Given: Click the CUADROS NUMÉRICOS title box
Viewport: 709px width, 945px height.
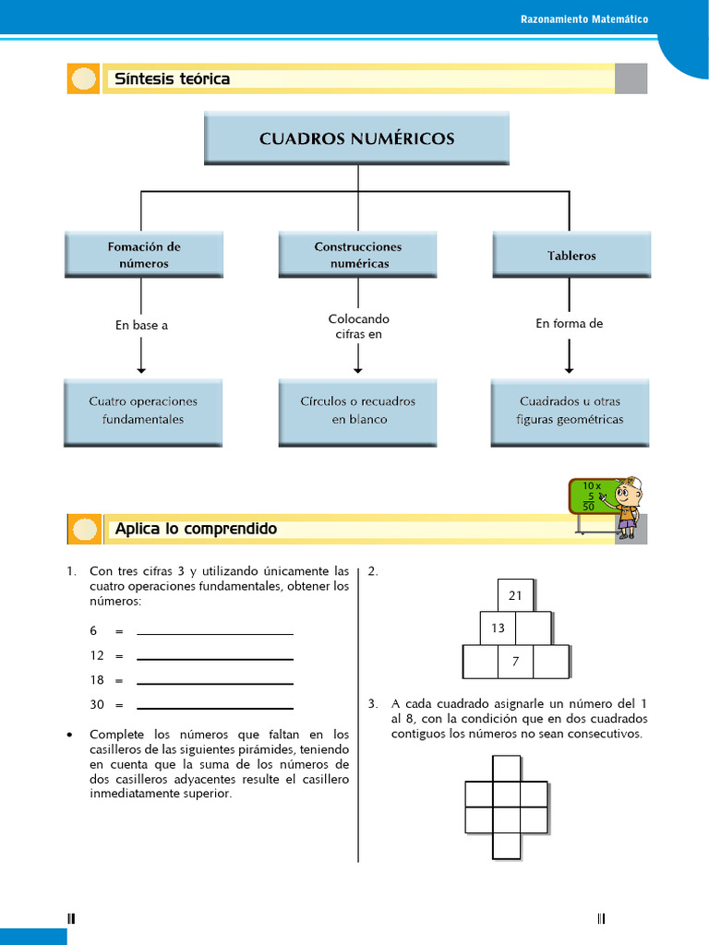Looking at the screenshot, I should pos(356,139).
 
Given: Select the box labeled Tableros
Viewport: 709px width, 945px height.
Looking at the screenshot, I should pos(571,255).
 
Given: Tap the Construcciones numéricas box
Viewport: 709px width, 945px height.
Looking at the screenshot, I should pos(357,255).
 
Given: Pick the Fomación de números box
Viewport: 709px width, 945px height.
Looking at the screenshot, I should pos(143,255).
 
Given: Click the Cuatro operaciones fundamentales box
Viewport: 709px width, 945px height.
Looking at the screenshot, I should pos(143,412).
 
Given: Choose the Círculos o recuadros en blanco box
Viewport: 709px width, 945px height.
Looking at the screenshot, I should pos(357,412).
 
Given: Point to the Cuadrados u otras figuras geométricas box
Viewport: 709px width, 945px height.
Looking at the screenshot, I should pos(570,412).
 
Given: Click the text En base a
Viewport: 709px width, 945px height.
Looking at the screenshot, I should pos(141,325).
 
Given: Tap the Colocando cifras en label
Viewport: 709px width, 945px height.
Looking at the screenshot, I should pos(358,327).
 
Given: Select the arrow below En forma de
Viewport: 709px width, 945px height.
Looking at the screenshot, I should pos(569,356).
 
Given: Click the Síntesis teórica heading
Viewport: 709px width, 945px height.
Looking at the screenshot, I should pos(172,79).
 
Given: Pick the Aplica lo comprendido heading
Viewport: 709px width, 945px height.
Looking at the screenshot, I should pos(195,529).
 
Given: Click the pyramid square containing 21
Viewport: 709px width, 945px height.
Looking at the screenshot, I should pos(515,595).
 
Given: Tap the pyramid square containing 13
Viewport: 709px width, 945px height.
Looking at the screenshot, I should pos(498,628).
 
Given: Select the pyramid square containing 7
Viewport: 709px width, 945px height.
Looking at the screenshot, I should pos(515,662).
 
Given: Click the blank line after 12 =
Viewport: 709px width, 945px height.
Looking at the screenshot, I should pos(215,658).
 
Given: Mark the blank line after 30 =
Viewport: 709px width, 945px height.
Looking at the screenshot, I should pos(215,707).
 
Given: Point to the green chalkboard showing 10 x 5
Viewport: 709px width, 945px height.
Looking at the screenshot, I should pos(592,496).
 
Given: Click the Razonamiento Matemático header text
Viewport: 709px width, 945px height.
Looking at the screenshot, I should pos(583,18).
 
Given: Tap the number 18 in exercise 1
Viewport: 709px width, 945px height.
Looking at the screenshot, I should pos(96,680).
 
